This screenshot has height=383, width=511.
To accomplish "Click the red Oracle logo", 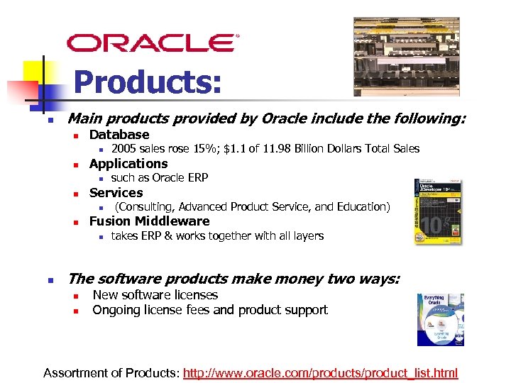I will click(153, 43).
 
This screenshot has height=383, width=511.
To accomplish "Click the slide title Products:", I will click(148, 83).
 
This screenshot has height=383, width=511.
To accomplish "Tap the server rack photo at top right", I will click(406, 57).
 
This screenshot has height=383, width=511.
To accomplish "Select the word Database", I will click(119, 135).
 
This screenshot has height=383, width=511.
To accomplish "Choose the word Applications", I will click(128, 164).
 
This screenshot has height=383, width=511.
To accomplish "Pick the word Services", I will click(116, 193).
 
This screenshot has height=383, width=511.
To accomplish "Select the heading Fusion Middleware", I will click(149, 221).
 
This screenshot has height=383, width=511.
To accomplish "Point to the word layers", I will click(307, 236).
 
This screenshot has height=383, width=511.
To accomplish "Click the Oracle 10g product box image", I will click(437, 211).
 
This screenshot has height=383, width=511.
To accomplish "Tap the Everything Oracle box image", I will click(440, 319).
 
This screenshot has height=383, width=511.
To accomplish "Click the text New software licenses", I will click(155, 295).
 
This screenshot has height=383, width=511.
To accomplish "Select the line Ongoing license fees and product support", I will click(210, 310).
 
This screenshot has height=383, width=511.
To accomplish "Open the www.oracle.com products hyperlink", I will click(321, 373).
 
